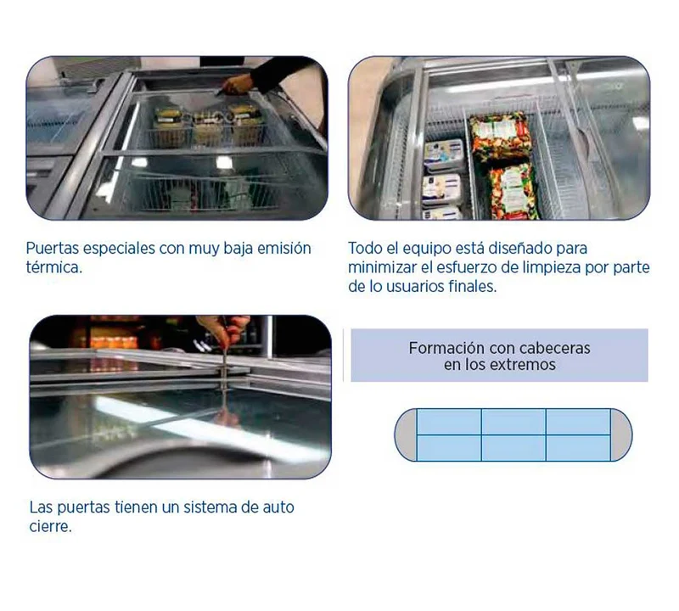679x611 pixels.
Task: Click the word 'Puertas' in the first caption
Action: point(52,249)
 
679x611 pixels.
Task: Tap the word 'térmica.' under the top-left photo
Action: point(53,267)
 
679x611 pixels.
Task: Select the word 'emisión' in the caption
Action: point(284,249)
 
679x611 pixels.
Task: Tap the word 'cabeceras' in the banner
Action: point(555,348)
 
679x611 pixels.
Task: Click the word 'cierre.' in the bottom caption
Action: point(50,526)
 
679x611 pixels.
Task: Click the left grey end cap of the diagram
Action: point(406,434)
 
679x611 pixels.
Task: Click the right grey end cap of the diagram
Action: point(621,434)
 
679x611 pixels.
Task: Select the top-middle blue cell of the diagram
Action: point(513,422)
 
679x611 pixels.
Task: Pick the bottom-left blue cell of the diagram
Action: point(449,448)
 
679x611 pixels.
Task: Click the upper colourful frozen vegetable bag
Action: point(500,136)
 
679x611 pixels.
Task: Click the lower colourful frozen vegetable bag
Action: point(513,191)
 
